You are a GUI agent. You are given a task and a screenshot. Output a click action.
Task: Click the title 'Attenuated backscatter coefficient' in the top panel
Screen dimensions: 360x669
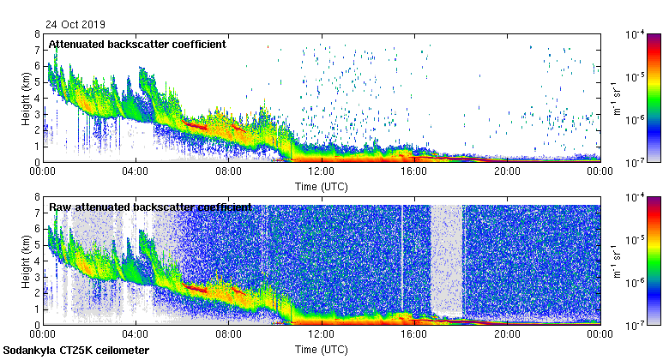[137, 44]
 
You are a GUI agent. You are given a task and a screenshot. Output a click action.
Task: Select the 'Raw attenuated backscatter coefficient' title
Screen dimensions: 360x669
[150, 207]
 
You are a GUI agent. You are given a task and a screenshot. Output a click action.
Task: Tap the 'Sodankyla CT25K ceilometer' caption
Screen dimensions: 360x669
[76, 351]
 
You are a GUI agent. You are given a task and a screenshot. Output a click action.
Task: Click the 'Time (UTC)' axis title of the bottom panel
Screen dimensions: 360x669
[321, 350]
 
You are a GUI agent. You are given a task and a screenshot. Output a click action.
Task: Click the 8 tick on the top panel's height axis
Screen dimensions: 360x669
[37, 34]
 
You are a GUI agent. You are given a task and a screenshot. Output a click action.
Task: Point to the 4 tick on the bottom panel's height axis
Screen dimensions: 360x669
[37, 261]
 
